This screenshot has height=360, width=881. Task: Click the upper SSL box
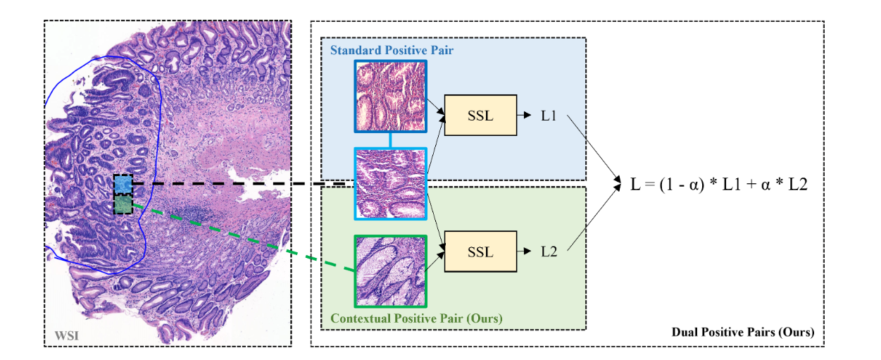pyautogui.click(x=480, y=116)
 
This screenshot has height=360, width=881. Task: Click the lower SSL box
pyautogui.click(x=480, y=252)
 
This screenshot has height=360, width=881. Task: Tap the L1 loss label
pyautogui.click(x=549, y=116)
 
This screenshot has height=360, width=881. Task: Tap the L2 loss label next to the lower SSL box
pyautogui.click(x=549, y=252)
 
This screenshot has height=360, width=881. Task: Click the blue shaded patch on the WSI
pyautogui.click(x=123, y=185)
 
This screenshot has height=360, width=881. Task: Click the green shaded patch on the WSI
pyautogui.click(x=123, y=204)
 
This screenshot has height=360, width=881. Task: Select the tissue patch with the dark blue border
pyautogui.click(x=391, y=96)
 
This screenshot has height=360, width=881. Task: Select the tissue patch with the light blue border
pyautogui.click(x=391, y=184)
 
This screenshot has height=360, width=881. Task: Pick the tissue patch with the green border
pyautogui.click(x=391, y=271)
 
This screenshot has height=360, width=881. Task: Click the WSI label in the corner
pyautogui.click(x=66, y=335)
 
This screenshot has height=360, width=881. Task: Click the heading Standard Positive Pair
pyautogui.click(x=392, y=50)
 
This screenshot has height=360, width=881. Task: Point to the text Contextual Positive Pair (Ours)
pyautogui.click(x=416, y=318)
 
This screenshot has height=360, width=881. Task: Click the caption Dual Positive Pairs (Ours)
pyautogui.click(x=742, y=332)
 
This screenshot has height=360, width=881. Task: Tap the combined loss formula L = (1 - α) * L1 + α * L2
pyautogui.click(x=719, y=184)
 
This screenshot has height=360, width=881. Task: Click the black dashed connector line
pyautogui.click(x=239, y=184)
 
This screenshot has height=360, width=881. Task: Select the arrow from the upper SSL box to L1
pyautogui.click(x=524, y=116)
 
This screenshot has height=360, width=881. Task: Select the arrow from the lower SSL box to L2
pyautogui.click(x=524, y=252)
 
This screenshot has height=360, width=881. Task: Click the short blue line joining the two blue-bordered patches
pyautogui.click(x=391, y=140)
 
